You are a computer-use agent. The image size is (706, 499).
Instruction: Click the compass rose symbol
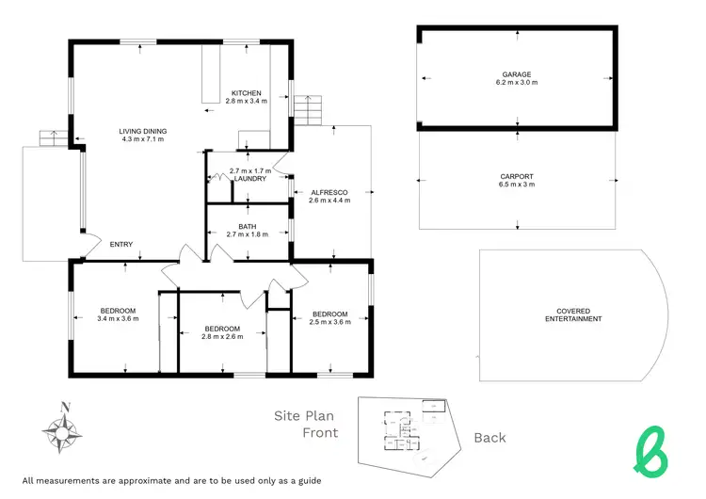[63, 429]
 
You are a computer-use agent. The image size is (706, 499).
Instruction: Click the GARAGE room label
[516, 74]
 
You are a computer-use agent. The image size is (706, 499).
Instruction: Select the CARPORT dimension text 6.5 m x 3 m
[516, 185]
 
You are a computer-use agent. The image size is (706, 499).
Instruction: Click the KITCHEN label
[246, 92]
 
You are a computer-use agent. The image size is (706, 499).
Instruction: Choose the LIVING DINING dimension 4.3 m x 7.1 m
[142, 139]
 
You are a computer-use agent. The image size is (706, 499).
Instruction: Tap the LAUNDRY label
[251, 179]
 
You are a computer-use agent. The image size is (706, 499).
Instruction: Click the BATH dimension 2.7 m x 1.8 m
[248, 234]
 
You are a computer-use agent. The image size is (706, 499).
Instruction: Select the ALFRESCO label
[330, 192]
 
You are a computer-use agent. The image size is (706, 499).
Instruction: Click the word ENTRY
[121, 245]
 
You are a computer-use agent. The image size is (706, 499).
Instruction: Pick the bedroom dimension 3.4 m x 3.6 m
[118, 319]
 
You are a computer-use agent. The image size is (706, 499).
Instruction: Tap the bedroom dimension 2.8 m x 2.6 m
[222, 336]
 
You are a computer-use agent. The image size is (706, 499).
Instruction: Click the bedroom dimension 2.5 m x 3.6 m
[329, 322]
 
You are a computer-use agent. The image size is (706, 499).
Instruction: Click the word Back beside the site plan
[489, 437]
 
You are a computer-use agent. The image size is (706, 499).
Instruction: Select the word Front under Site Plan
[320, 433]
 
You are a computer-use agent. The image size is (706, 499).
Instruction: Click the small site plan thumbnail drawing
[411, 431]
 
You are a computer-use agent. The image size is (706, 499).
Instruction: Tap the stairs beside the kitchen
[307, 109]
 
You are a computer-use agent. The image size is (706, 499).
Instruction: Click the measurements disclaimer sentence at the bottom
[171, 480]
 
